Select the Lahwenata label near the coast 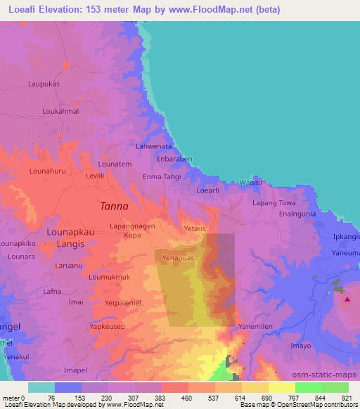pos(154,146)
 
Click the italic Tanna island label pos(115,206)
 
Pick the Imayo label pos(300,346)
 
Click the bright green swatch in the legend pos(309,387)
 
